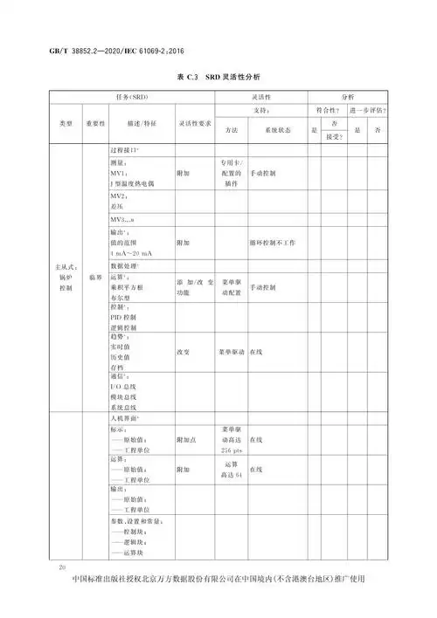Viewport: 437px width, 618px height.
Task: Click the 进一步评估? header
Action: pyautogui.click(x=367, y=111)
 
